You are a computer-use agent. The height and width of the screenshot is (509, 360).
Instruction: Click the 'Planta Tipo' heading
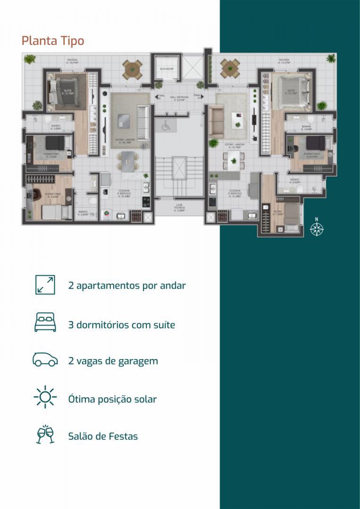(x=53, y=41)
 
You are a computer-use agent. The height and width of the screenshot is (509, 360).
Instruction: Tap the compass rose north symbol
(x=317, y=228)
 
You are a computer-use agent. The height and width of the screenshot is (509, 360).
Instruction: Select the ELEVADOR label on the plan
(x=167, y=69)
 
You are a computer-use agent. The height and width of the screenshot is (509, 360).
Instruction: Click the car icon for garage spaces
(x=45, y=360)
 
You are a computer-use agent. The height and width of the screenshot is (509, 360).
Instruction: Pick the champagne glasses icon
(x=45, y=435)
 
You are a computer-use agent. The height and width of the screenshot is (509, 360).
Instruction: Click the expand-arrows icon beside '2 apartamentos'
(x=45, y=285)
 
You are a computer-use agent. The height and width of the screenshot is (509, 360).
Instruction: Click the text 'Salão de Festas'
(x=103, y=436)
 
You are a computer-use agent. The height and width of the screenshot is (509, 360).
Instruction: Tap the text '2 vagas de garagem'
(x=113, y=361)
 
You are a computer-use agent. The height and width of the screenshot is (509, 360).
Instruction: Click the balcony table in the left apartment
(x=132, y=69)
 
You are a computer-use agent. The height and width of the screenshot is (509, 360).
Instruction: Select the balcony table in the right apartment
(x=230, y=68)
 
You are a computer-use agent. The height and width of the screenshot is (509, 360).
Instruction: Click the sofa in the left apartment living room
(x=144, y=117)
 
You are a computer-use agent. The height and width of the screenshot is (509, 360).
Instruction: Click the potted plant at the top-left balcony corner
(x=30, y=60)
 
